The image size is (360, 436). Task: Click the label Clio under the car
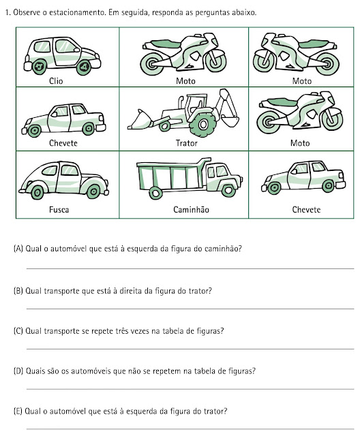[56, 81]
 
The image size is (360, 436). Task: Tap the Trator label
[186, 143]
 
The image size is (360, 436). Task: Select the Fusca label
[59, 209]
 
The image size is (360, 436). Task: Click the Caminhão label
[191, 209]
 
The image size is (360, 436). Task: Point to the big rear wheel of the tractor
[202, 124]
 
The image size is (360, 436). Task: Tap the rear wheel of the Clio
[39, 67]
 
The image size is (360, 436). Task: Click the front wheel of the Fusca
[93, 191]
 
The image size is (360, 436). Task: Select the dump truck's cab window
[222, 171]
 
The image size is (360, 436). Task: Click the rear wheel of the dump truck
[155, 193]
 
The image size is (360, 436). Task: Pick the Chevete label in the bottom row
[306, 209]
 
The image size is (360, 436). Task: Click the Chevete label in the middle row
[63, 143]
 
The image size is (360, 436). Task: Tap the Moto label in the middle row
[300, 143]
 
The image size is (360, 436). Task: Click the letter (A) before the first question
[18, 248]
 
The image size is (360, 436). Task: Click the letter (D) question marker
[18, 371]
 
